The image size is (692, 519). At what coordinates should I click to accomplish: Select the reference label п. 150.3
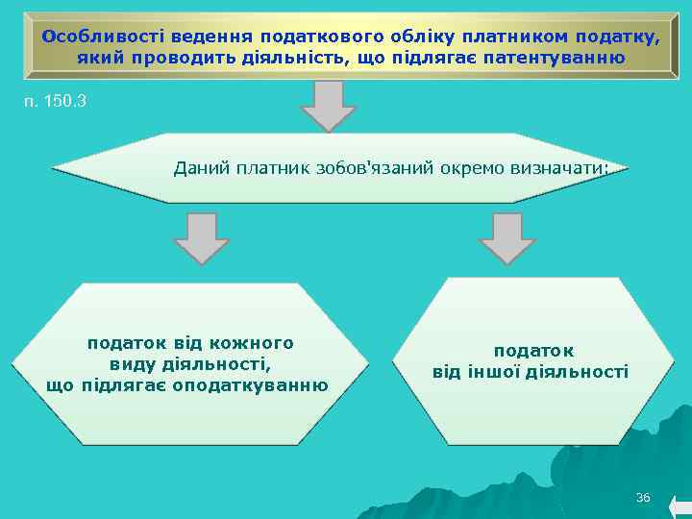pos(54,99)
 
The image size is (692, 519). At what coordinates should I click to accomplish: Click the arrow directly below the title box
pos(330,105)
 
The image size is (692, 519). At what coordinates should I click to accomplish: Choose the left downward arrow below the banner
pos(203,237)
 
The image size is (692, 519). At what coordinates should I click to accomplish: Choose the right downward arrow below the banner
pos(507,237)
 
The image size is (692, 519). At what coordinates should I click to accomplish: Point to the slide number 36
pos(643,497)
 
